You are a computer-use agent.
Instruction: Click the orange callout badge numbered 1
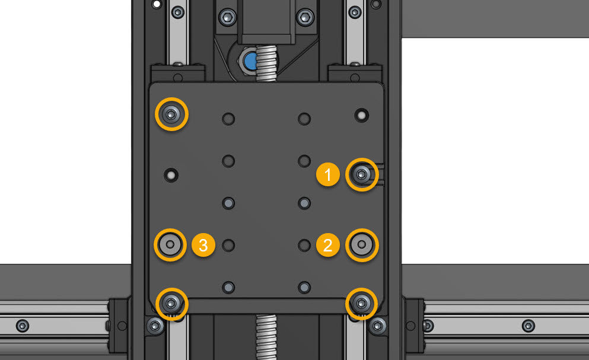(327, 174)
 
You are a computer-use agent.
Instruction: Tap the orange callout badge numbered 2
(327, 245)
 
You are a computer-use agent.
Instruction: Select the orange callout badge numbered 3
(203, 245)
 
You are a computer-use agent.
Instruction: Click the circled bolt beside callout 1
(362, 174)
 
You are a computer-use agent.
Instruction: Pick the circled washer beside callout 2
(362, 244)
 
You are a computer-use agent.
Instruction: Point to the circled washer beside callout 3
(170, 244)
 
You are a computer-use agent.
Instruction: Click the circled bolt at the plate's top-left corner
(171, 114)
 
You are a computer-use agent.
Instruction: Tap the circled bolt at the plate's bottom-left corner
(171, 303)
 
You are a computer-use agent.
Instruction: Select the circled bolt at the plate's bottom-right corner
(362, 303)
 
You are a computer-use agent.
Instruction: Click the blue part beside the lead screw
(249, 60)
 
